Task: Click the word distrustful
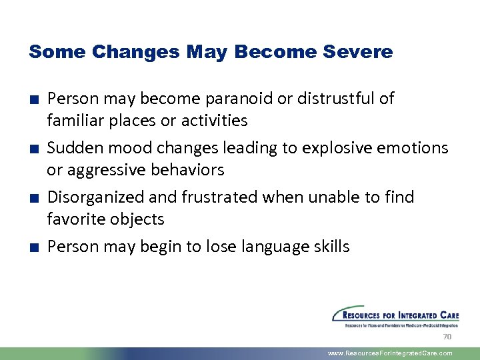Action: (331, 99)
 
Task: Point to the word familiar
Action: (73, 121)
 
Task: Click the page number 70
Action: (447, 337)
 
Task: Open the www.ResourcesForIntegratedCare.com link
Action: (390, 353)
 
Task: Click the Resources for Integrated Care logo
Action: (395, 317)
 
